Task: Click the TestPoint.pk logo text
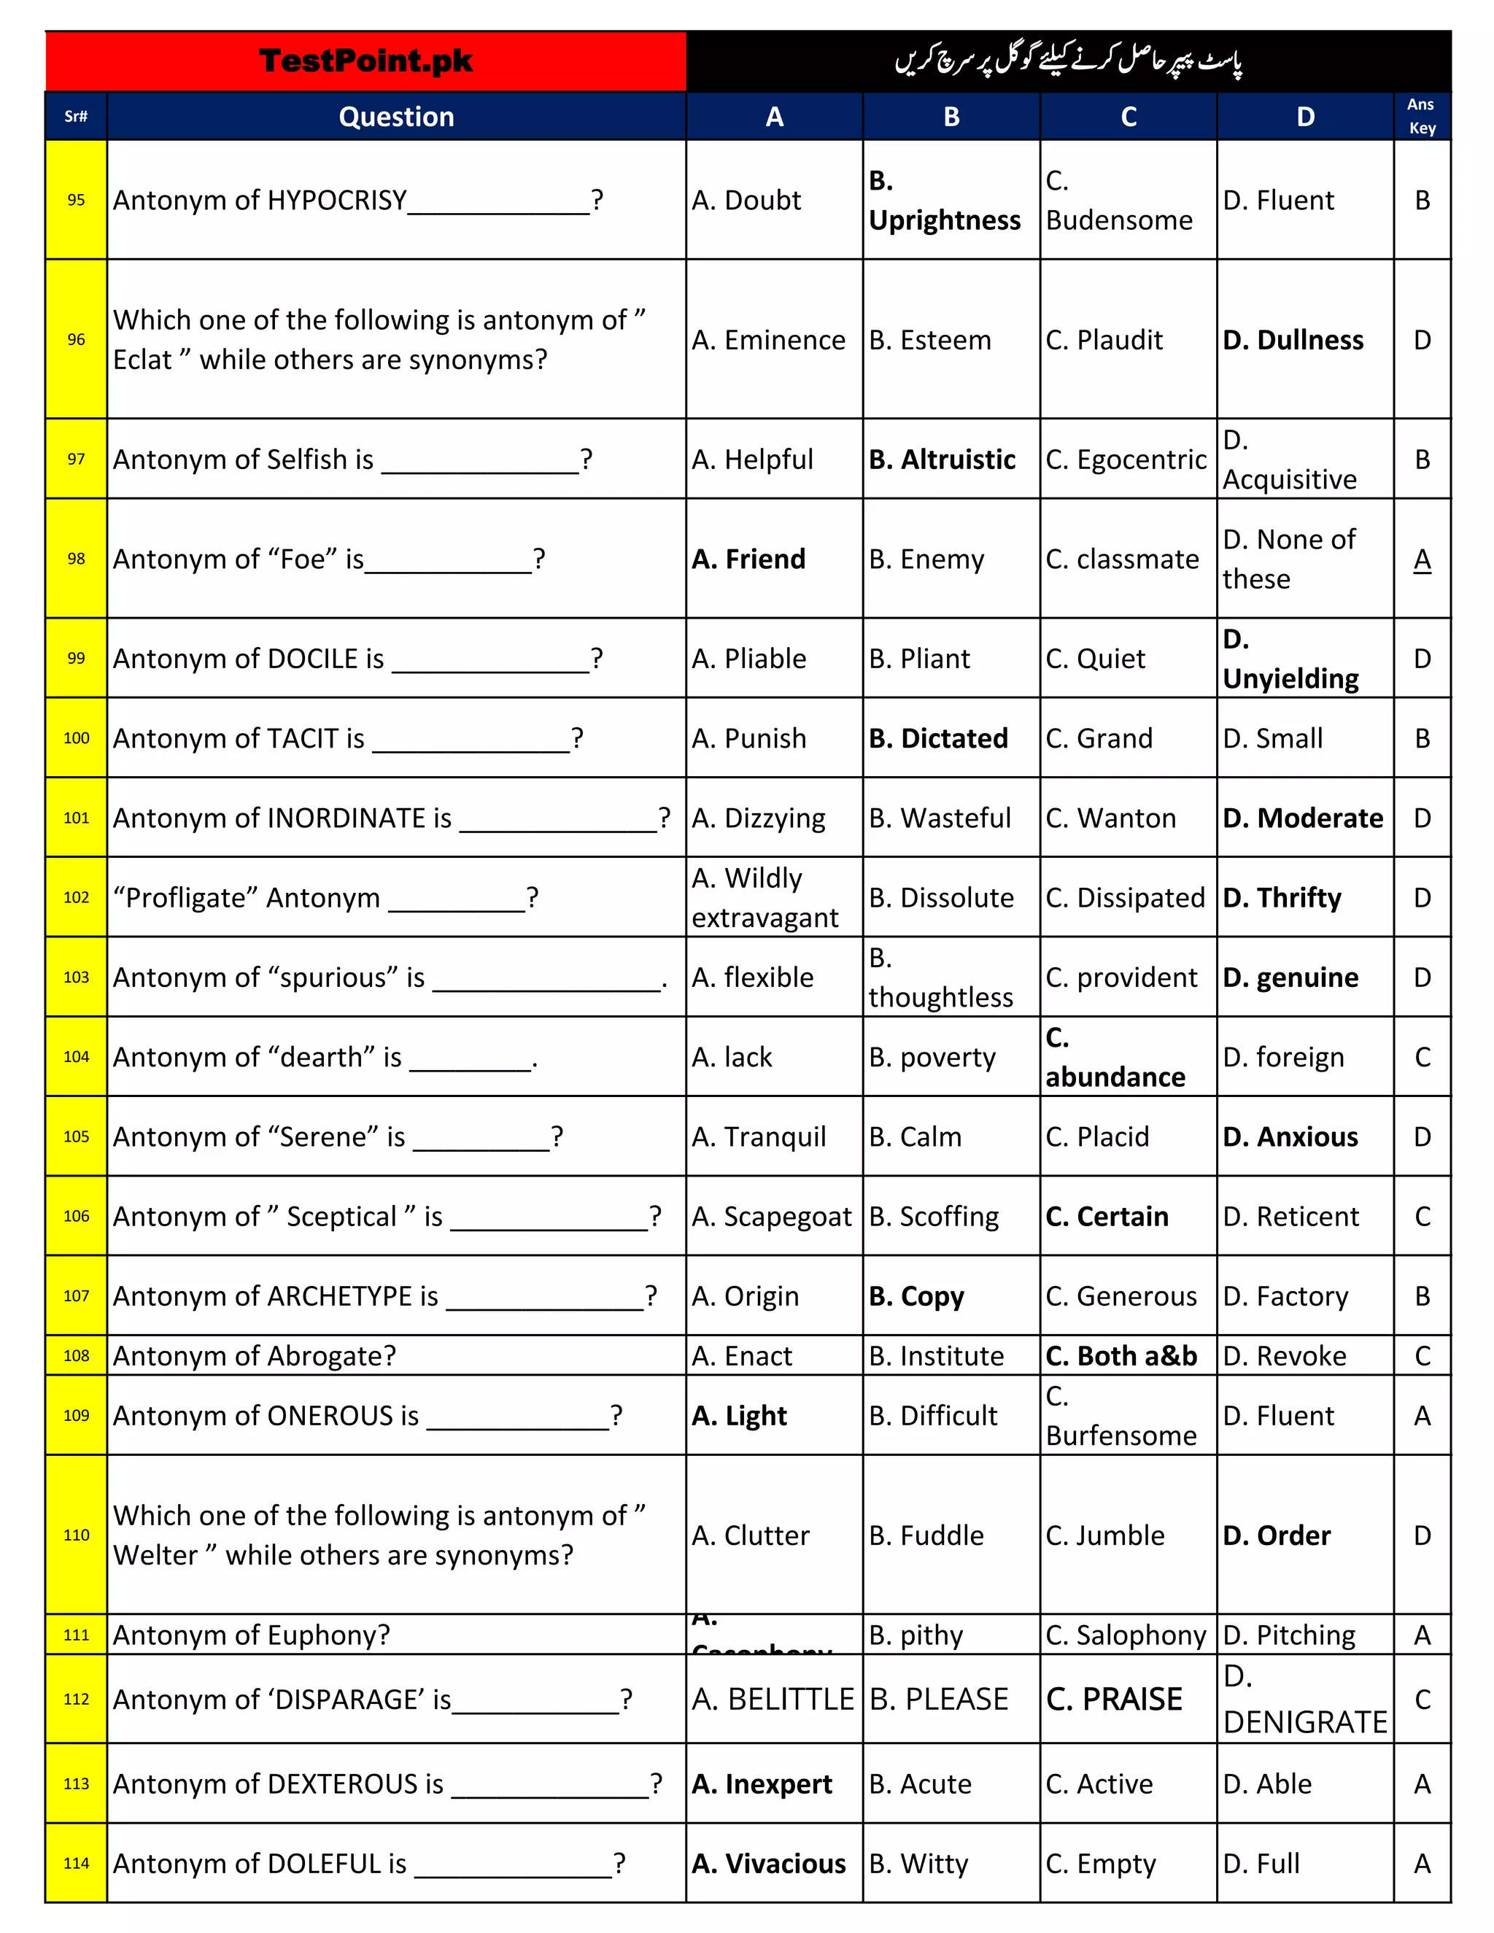[365, 61]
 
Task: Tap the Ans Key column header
[1422, 116]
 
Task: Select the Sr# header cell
[76, 117]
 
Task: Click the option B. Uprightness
[945, 201]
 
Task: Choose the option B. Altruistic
[942, 460]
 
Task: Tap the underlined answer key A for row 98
[1422, 559]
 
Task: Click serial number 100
[76, 738]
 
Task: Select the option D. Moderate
[1302, 818]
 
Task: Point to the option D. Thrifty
[1282, 897]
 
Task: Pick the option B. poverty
[932, 1057]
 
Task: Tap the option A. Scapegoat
[771, 1216]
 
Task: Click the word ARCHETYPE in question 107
[339, 1295]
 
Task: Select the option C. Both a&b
[1120, 1356]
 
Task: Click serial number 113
[76, 1783]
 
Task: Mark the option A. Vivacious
[768, 1863]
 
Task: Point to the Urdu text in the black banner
[1068, 61]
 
